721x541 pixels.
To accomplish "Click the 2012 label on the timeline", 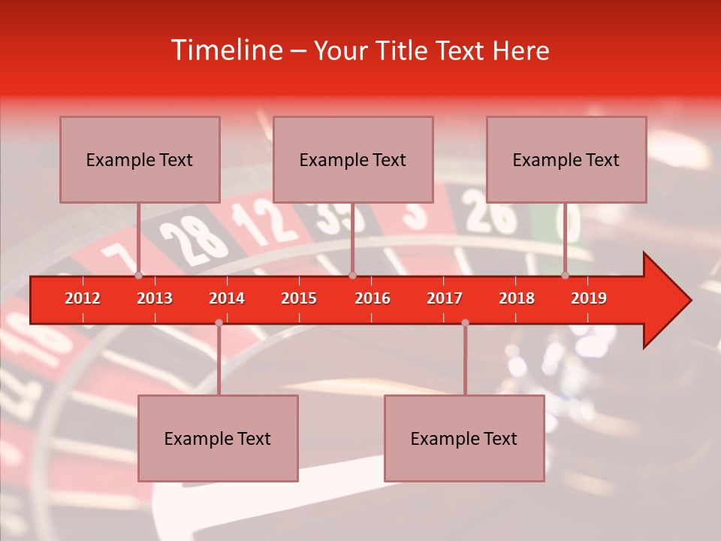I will [x=83, y=298].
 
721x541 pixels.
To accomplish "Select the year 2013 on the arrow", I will [x=155, y=298].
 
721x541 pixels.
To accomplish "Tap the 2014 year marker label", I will [x=227, y=298].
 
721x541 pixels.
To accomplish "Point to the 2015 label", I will [x=299, y=298].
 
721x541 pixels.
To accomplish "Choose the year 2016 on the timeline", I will [x=373, y=298].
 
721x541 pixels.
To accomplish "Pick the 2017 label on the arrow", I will [x=445, y=298].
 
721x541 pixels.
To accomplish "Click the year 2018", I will [x=517, y=298].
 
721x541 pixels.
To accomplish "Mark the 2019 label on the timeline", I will [x=589, y=298].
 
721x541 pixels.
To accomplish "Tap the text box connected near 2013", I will [x=140, y=159].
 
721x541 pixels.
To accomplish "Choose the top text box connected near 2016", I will [x=353, y=159].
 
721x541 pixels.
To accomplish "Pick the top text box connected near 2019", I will [x=566, y=159].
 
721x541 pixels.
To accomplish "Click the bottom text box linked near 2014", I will [x=218, y=438].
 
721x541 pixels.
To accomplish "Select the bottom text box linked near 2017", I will [x=464, y=438].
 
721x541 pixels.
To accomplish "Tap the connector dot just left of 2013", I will [x=138, y=276].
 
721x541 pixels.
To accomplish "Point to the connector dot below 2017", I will [x=465, y=322].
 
